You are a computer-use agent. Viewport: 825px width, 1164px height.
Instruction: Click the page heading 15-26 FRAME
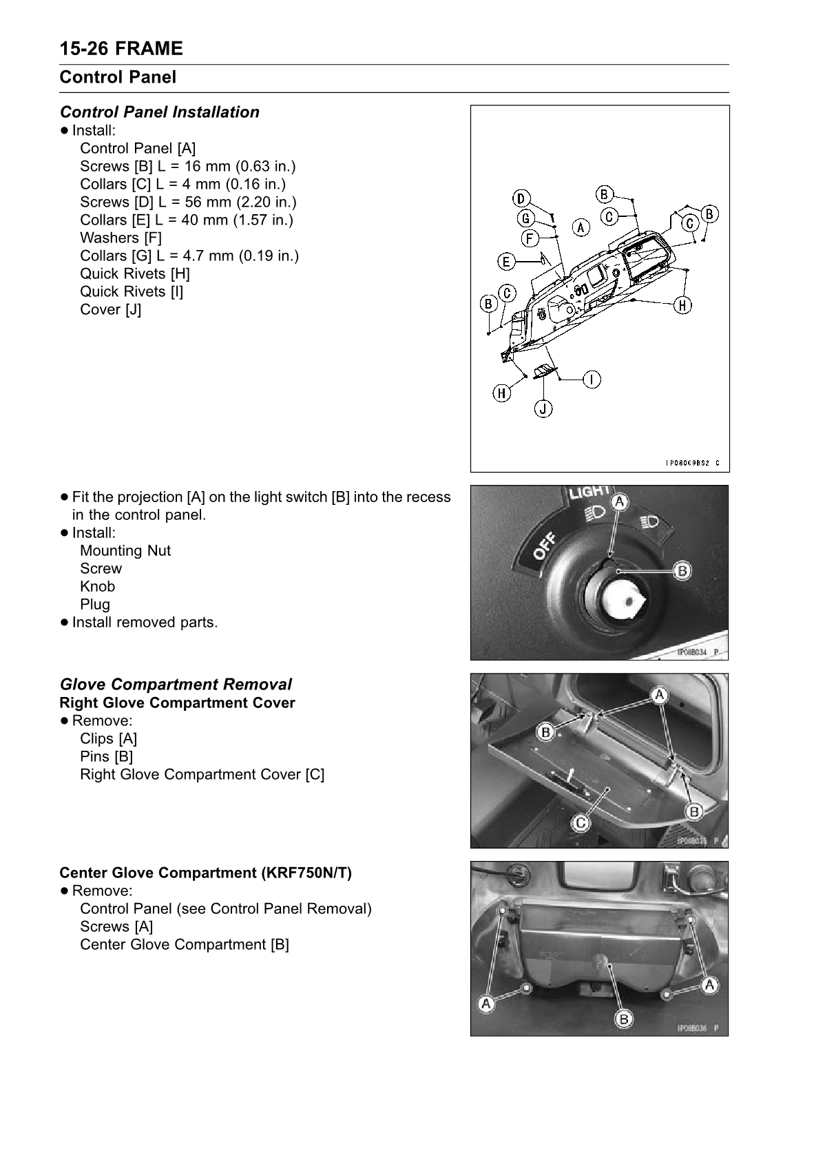121,49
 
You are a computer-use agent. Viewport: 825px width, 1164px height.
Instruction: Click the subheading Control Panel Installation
159,112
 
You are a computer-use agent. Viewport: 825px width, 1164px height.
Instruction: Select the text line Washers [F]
121,238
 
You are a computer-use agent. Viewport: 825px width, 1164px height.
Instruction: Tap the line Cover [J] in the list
110,309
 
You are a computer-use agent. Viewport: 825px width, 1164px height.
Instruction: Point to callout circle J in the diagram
543,408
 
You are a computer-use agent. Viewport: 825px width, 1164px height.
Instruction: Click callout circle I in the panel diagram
592,379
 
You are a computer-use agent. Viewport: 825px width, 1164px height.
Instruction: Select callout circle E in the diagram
506,261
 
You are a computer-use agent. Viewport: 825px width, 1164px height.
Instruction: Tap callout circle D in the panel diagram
521,198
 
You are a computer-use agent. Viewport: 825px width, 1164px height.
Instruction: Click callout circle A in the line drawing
581,227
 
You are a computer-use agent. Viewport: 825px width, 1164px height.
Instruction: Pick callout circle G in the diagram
526,218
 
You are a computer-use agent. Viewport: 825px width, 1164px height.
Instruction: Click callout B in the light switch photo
682,570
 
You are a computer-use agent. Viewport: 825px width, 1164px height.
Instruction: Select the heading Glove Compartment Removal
176,684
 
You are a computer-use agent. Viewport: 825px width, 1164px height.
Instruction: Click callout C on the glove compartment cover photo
581,822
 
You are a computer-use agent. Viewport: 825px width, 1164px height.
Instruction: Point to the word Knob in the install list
97,586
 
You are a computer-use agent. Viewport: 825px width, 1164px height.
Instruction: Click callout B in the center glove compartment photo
623,1019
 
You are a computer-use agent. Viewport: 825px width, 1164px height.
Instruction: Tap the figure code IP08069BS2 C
692,463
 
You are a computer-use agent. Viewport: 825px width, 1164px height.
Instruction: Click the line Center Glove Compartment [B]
184,944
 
